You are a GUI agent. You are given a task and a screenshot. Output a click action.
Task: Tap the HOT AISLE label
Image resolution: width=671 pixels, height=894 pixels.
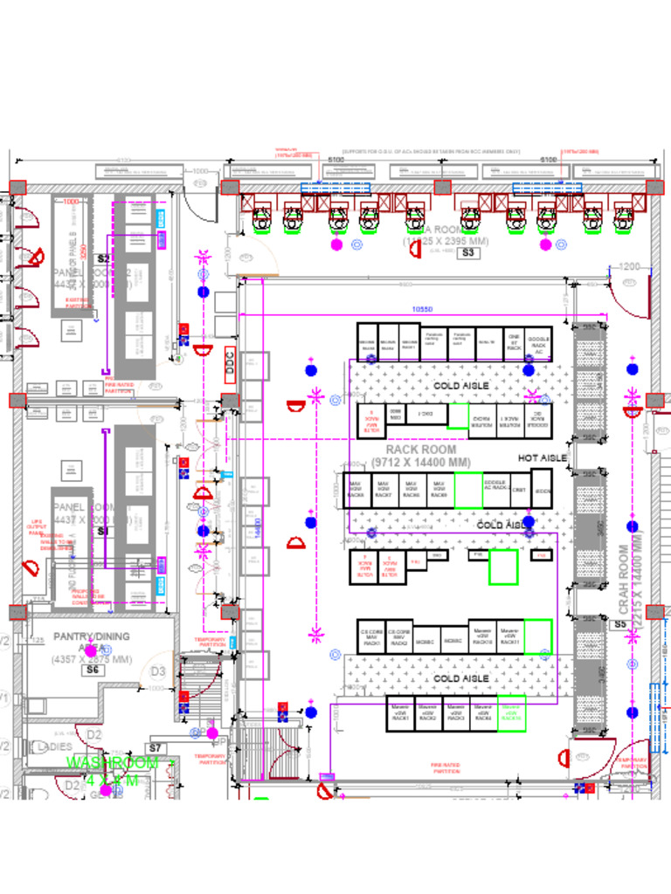click(542, 457)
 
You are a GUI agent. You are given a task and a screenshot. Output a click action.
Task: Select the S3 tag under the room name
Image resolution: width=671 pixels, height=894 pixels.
click(468, 253)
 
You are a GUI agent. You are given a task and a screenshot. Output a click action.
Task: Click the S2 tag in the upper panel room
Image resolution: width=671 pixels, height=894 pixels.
click(103, 258)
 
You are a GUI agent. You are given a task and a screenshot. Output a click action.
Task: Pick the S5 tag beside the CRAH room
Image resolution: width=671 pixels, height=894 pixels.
click(619, 625)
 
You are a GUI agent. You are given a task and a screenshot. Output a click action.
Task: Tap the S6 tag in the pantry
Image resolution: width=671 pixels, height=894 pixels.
click(93, 670)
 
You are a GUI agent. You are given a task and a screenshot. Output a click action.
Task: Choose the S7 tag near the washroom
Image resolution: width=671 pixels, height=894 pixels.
click(156, 748)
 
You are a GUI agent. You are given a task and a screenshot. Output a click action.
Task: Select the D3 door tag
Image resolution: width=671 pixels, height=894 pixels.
click(158, 671)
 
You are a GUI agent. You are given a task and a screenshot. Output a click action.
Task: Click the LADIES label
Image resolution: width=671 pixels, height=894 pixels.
click(54, 747)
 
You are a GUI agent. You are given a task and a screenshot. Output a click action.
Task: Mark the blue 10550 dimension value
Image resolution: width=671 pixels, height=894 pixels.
click(423, 309)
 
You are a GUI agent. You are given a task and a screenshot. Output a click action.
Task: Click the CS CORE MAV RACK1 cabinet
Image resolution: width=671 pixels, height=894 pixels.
click(371, 636)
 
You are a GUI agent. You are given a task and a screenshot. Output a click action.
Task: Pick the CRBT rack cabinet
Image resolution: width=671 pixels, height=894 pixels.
click(519, 491)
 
